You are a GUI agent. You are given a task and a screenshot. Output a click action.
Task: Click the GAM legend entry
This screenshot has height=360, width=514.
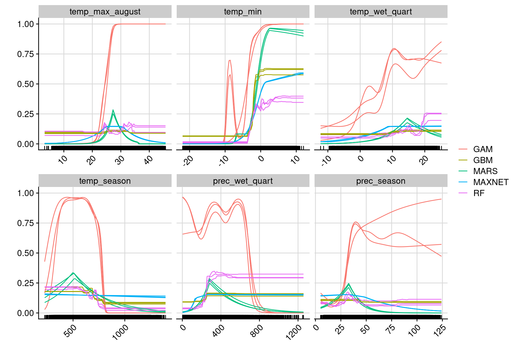click(482, 149)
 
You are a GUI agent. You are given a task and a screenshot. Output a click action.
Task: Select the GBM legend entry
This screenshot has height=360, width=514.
click(482, 160)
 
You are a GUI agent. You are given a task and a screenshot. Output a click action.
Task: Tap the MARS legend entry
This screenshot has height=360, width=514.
click(485, 171)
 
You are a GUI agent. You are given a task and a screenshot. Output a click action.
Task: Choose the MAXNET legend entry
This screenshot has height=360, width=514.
click(490, 182)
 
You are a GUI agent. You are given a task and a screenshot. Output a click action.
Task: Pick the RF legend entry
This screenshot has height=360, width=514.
click(479, 193)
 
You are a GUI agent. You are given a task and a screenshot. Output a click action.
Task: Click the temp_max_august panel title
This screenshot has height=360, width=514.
click(105, 12)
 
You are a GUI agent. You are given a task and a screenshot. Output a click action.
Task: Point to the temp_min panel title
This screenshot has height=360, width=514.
click(243, 12)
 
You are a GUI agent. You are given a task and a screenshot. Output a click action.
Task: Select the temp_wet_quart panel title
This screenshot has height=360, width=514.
click(381, 12)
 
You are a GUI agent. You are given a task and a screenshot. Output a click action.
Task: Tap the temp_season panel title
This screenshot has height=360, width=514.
click(105, 181)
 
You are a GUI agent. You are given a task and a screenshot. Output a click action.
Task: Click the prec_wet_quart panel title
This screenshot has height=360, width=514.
click(243, 181)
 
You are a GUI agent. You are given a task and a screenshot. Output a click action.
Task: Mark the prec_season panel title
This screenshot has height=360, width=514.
click(381, 181)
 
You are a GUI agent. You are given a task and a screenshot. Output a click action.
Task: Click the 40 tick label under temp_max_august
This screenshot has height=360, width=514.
click(149, 160)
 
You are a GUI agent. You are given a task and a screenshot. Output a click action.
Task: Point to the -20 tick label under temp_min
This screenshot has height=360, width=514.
click(188, 161)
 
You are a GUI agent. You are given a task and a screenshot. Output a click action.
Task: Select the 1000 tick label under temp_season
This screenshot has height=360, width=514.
click(120, 332)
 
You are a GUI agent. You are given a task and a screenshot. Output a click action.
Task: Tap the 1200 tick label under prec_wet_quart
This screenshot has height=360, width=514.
click(294, 333)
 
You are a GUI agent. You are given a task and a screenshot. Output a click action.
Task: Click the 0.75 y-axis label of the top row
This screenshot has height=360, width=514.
click(25, 54)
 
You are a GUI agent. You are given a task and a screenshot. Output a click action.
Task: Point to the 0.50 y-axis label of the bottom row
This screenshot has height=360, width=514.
click(25, 253)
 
